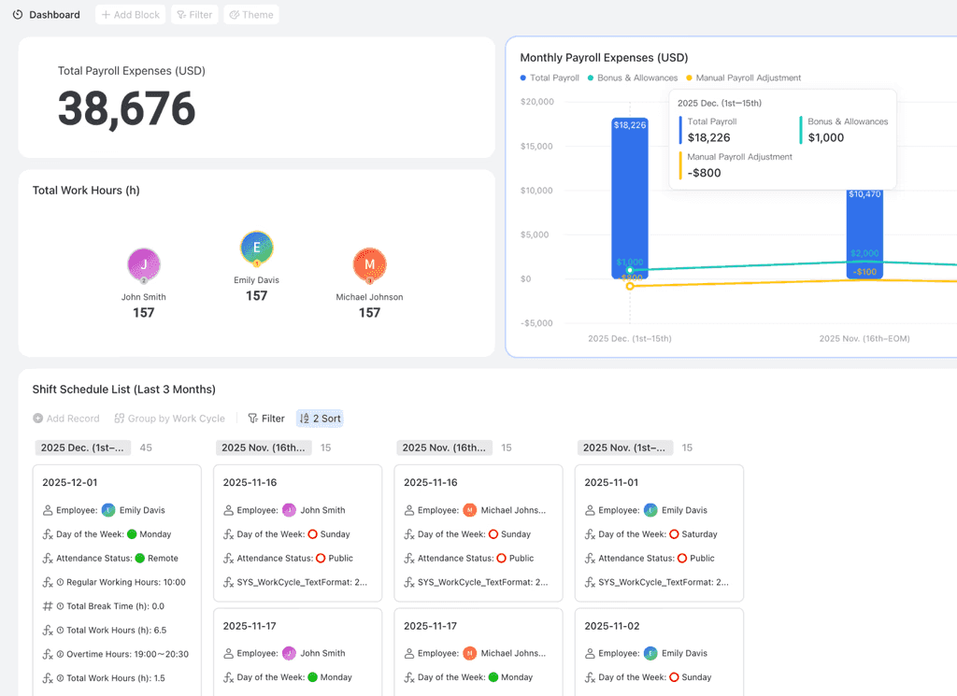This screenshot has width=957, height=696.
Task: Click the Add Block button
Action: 130,15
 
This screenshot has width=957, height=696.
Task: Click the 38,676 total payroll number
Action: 127,109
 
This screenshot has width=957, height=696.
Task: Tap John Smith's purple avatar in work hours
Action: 144,265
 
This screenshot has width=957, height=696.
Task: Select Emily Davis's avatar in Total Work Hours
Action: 256,249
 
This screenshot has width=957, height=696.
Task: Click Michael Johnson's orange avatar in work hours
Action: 369,265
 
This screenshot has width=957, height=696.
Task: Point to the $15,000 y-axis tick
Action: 537,146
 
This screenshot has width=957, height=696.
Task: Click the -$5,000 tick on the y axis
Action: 537,323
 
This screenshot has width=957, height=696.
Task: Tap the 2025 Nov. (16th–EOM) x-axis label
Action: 864,338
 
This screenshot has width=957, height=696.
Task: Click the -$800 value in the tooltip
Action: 704,173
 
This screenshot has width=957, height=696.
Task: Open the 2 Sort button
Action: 320,419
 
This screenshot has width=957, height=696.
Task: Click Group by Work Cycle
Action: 169,419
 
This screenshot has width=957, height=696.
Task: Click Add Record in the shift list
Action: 66,419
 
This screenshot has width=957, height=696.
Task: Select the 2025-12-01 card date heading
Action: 69,482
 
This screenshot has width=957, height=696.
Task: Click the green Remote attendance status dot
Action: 140,559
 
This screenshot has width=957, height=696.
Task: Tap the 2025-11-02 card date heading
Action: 611,626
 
